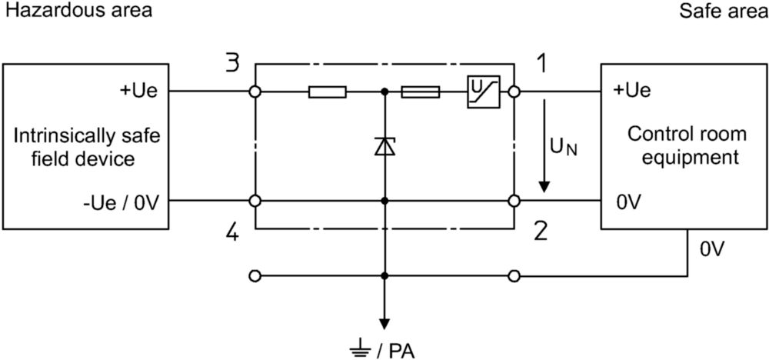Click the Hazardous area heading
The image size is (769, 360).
tap(78, 10)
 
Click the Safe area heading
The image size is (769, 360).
tap(724, 10)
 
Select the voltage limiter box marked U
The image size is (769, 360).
tap(483, 92)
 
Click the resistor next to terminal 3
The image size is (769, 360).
tap(327, 92)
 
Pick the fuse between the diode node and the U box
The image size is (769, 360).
tap(421, 92)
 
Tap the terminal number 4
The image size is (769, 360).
tap(233, 232)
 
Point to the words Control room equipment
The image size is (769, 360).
tap(684, 145)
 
